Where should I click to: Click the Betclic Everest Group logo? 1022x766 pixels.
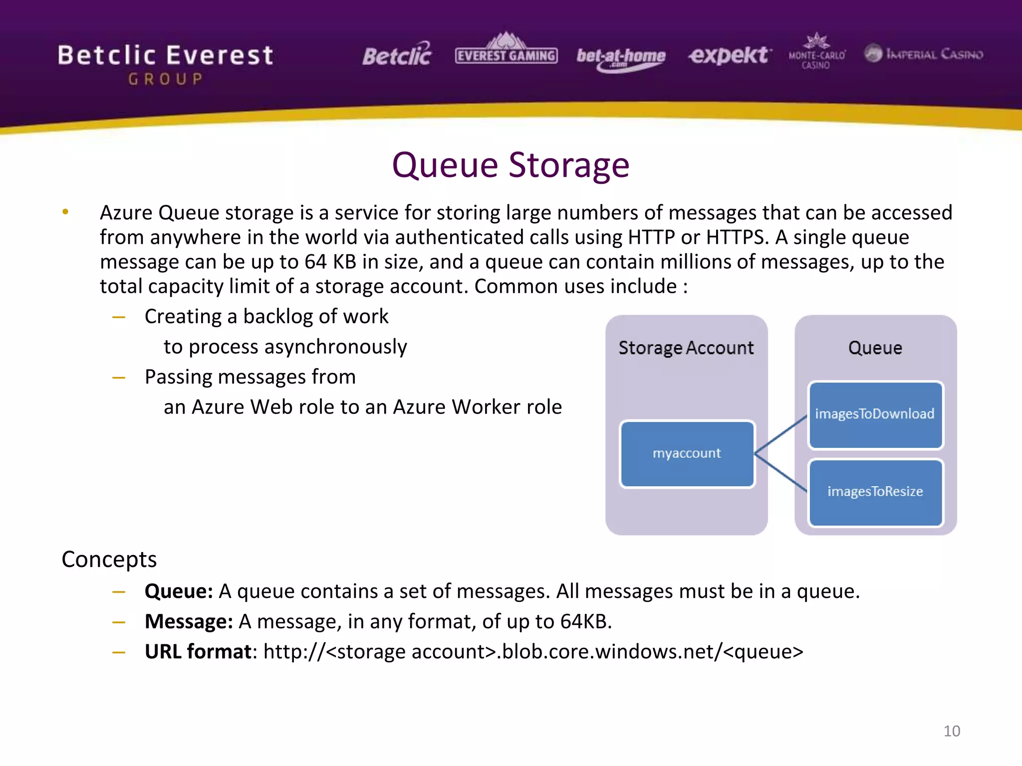(165, 63)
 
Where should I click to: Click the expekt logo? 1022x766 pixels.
(729, 55)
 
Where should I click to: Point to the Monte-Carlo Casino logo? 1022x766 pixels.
(816, 52)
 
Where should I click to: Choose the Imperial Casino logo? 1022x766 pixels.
(924, 53)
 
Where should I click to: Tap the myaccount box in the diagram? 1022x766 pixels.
(687, 453)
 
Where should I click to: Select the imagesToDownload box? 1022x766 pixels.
(875, 414)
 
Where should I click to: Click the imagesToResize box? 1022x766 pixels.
(875, 492)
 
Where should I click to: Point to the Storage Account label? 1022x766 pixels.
(686, 348)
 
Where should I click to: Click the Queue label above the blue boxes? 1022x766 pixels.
(875, 348)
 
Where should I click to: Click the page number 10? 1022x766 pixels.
(951, 731)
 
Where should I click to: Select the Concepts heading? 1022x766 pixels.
(109, 560)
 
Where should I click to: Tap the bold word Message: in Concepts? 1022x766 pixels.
(189, 622)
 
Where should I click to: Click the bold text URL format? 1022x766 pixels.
(198, 652)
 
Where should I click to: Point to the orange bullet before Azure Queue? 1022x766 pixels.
(65, 212)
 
